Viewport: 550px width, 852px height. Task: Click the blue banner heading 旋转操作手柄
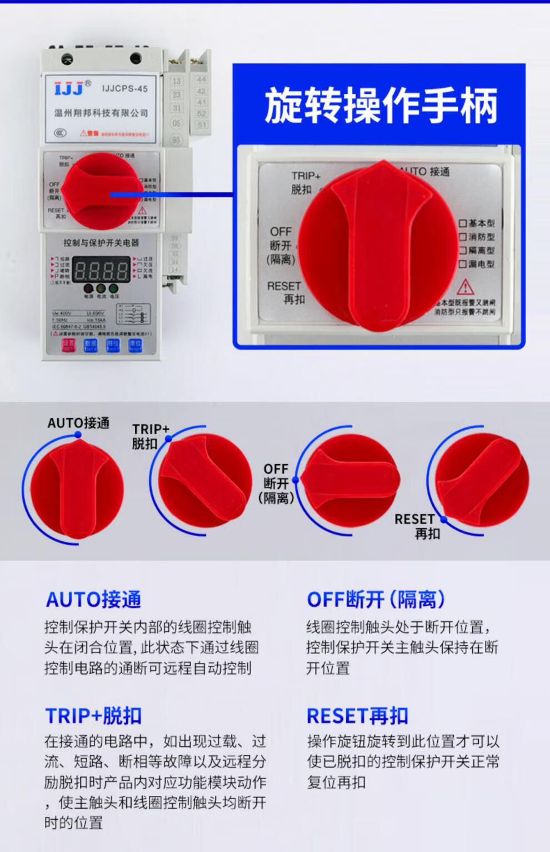tap(380, 105)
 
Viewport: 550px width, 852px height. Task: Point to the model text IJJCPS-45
tap(124, 88)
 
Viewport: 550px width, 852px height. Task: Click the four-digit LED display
tap(101, 271)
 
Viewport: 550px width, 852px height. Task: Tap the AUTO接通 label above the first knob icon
tap(78, 423)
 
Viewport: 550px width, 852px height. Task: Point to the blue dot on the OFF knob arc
tap(296, 480)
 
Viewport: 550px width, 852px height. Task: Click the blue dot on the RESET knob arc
tap(444, 520)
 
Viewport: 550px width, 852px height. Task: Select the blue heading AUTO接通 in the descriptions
tap(93, 600)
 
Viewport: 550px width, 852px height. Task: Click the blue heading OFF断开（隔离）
tap(376, 600)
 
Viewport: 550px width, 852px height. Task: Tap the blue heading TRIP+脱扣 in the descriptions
tap(93, 716)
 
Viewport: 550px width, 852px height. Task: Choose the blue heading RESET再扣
tap(357, 716)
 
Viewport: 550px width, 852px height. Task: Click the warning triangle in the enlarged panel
tap(465, 287)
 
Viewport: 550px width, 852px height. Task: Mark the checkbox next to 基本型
tap(462, 223)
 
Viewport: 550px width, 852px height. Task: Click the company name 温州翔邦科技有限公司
tap(101, 113)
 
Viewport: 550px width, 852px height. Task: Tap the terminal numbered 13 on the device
tap(177, 81)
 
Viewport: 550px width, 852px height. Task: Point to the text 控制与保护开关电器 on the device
tap(101, 243)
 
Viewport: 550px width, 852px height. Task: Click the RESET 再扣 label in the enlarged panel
tap(286, 292)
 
